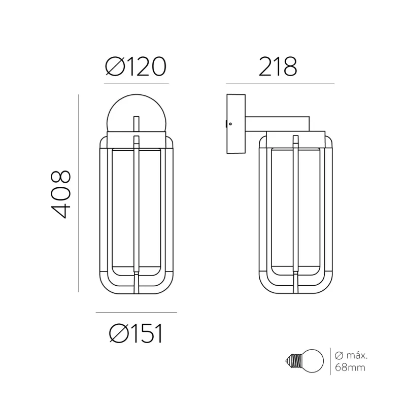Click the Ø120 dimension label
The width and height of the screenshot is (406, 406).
point(136,66)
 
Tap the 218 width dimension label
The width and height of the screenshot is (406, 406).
point(278,66)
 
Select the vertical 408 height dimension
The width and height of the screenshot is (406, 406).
point(60,194)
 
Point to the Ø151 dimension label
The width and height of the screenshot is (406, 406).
point(136,333)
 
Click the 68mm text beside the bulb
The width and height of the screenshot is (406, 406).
point(350,367)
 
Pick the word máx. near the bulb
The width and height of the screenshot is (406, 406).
point(357,355)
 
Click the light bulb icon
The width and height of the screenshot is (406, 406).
point(304,361)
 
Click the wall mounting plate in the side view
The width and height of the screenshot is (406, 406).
point(236,124)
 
